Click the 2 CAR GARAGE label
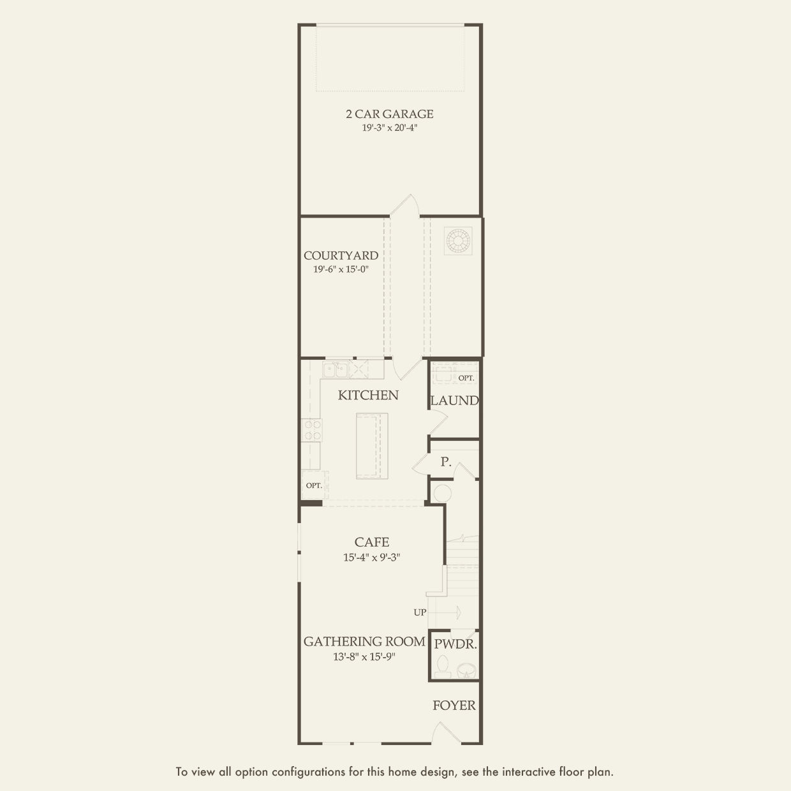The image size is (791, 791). tap(389, 114)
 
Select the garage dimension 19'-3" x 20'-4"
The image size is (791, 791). tap(389, 128)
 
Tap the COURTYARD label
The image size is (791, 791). tap(341, 256)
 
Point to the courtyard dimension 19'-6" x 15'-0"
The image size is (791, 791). tap(341, 269)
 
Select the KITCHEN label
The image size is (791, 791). tap(368, 395)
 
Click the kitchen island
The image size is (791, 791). tap(371, 445)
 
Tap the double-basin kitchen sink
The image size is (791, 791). tap(335, 369)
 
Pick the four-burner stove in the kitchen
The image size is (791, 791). tap(311, 429)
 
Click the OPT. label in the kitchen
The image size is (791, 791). tap(314, 485)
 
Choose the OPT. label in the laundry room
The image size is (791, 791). tap(466, 378)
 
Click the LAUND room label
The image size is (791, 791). tap(454, 401)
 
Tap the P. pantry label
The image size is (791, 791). tap(446, 462)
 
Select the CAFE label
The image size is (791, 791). tap(372, 542)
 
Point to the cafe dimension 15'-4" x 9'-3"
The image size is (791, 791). tap(372, 557)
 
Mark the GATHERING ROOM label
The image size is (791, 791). tap(364, 642)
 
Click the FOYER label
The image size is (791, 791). tap(454, 706)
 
